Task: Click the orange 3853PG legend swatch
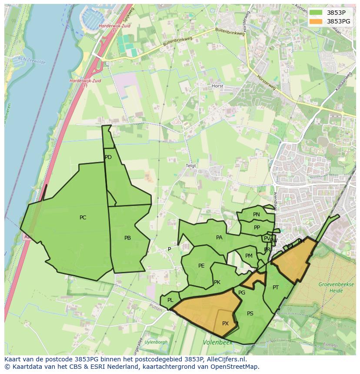(x=316, y=21)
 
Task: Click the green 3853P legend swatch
(x=316, y=13)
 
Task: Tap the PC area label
(x=83, y=218)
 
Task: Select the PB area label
(x=127, y=238)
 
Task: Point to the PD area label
(x=108, y=157)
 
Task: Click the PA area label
(x=219, y=238)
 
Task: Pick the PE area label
(x=201, y=266)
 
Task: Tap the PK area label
(x=217, y=282)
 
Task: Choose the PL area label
(x=170, y=300)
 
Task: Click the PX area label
(x=225, y=324)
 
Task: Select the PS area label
(x=250, y=314)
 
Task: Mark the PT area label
(x=276, y=288)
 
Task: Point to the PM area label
(x=249, y=256)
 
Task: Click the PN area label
(x=257, y=215)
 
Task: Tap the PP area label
(x=257, y=228)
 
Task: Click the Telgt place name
(x=191, y=166)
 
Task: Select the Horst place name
(x=217, y=86)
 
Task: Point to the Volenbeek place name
(x=217, y=343)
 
